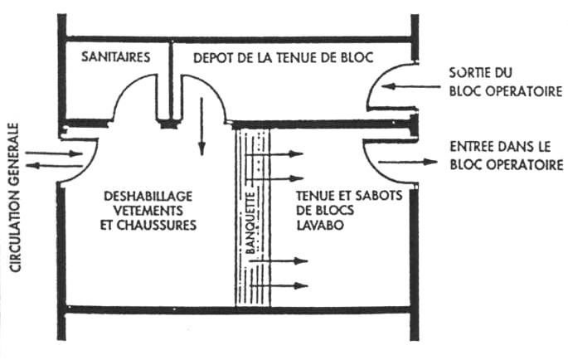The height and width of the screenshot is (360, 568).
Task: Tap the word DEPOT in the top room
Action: coord(213,57)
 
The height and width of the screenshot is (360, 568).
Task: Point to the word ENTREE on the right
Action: coord(470,147)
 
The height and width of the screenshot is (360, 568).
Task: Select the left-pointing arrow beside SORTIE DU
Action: coord(405,85)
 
